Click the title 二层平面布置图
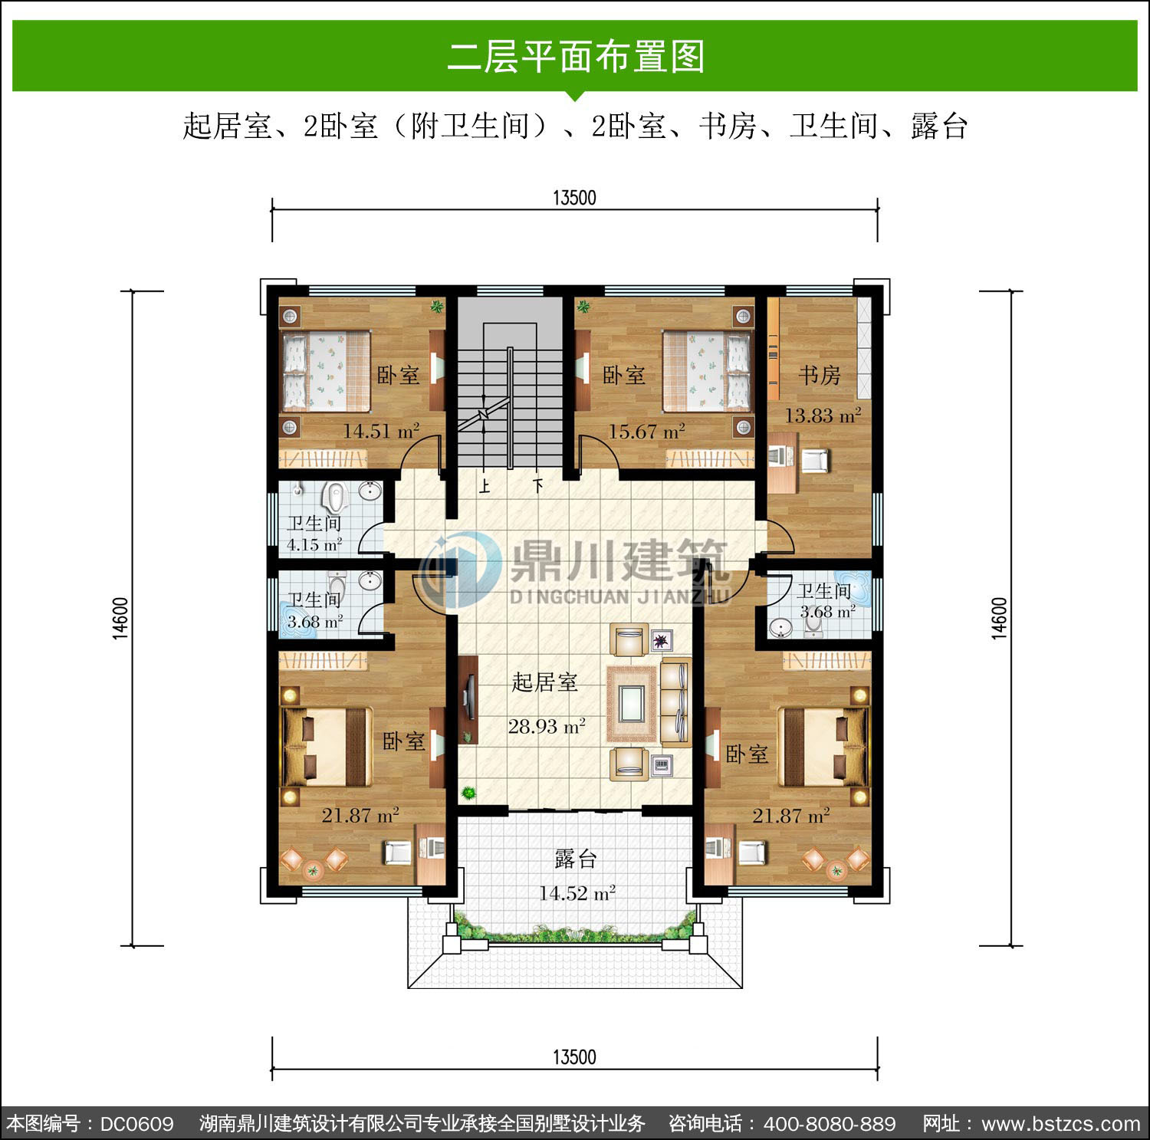pos(575,57)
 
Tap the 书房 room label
pos(820,375)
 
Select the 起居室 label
pos(544,682)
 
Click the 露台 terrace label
pos(575,859)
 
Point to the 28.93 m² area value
pos(547,726)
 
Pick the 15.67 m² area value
pos(646,432)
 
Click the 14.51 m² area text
pos(381,431)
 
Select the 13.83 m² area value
pos(823,416)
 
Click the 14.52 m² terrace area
pos(577,893)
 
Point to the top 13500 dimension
pos(574,198)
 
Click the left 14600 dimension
pos(122,618)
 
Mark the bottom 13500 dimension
pos(574,1058)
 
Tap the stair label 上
pos(485,486)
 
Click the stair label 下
pos(539,485)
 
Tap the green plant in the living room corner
pos(467,793)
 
